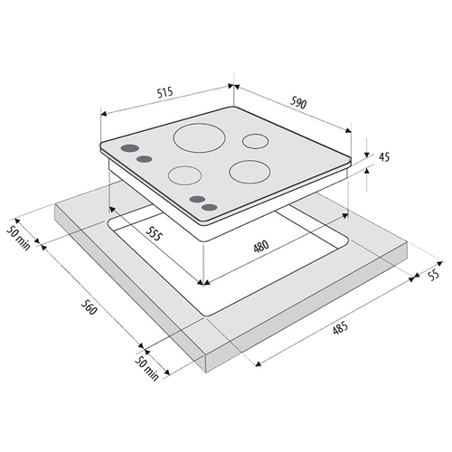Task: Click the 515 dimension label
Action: coord(165,92)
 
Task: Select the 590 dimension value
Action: coord(298,103)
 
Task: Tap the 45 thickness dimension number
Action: coord(384,157)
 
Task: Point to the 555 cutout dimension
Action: coord(154,233)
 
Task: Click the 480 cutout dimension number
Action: coord(261,246)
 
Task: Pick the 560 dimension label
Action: coord(89,306)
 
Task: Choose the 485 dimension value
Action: coord(340,328)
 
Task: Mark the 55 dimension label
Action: coord(433,275)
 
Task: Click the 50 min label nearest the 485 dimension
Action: coord(146,368)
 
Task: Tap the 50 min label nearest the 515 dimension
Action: coord(19,238)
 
